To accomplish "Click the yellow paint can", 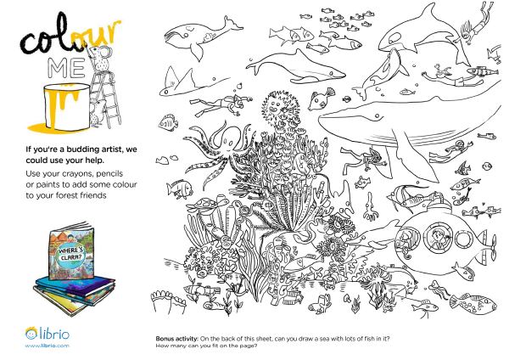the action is pos(66,106).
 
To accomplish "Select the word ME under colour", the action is pos(66,68).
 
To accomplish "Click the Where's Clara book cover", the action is pos(71,253).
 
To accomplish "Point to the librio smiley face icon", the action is pos(31,333).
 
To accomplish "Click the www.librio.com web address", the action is pos(47,346).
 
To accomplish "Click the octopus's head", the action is pos(230,138).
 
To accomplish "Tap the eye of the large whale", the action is pos(377,115).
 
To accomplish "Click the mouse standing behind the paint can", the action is pos(97,112).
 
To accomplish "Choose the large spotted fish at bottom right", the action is pos(473,303).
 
